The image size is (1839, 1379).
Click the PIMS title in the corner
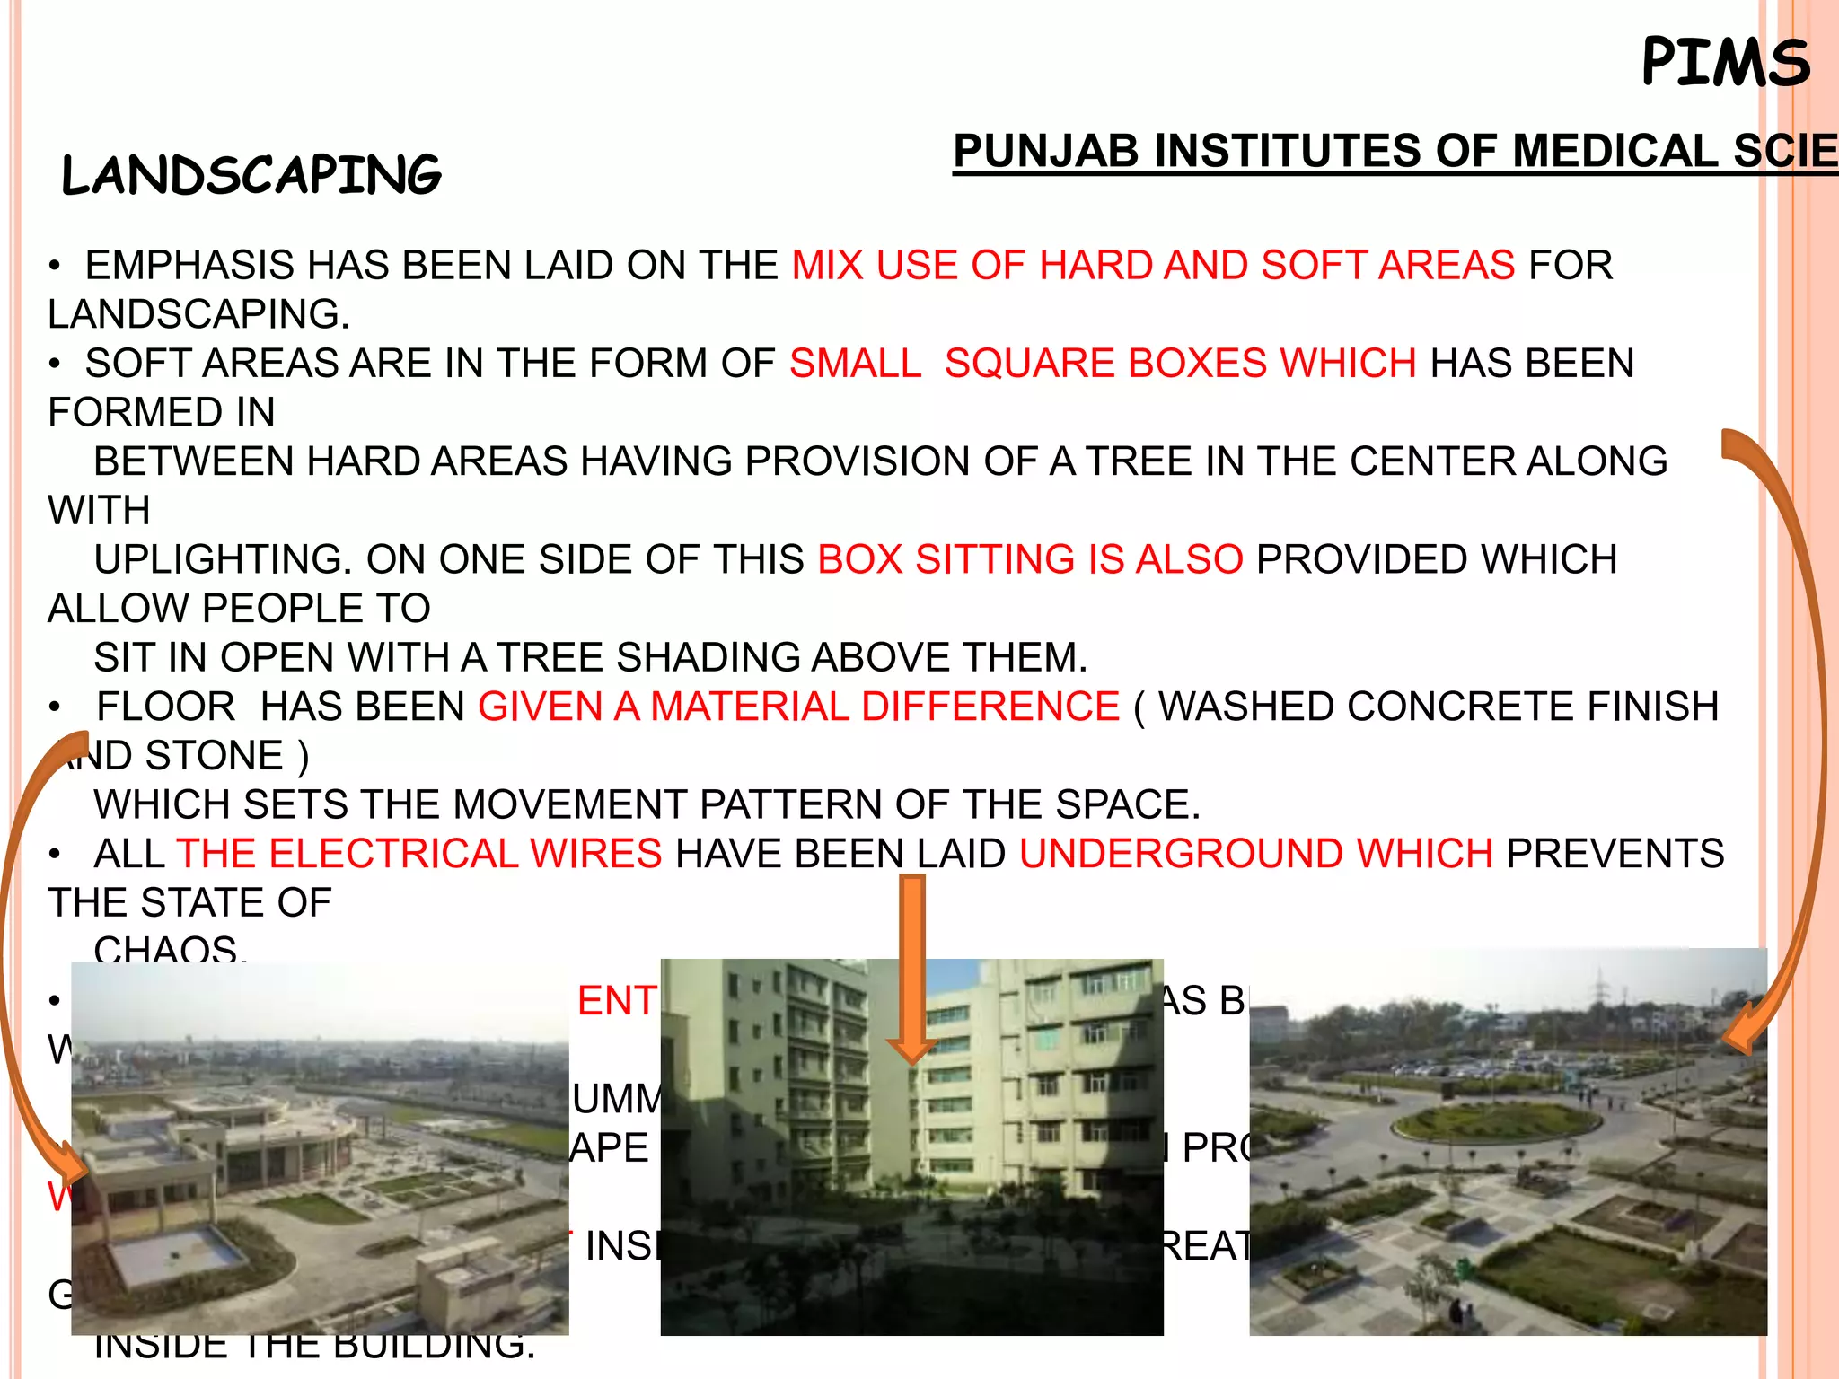pyautogui.click(x=1725, y=63)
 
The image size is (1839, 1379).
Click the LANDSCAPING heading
pyautogui.click(x=251, y=174)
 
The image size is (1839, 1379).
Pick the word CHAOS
pyautogui.click(x=169, y=949)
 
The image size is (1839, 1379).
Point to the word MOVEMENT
pyautogui.click(x=569, y=804)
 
